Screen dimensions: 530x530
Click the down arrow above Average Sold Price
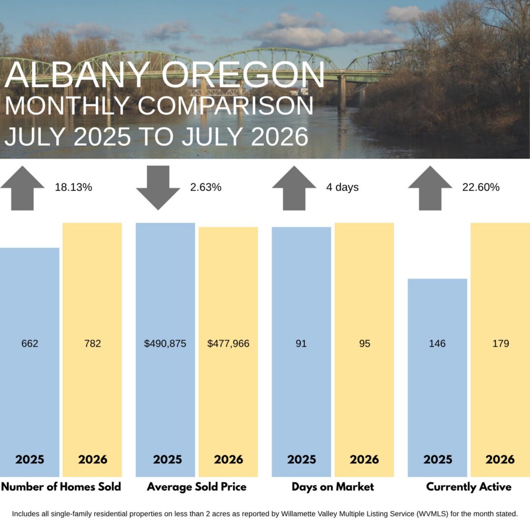158,187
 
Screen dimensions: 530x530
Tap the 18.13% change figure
73,187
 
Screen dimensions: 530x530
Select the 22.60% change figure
480,187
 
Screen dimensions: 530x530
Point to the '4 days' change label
342,187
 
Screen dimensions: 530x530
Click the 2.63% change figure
206,187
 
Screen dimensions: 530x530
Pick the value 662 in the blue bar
30,344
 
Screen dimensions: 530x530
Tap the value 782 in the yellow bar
93,344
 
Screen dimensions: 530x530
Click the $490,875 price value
165,344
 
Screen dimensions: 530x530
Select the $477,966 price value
228,344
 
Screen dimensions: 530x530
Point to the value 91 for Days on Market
301,344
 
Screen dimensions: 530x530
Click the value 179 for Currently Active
501,344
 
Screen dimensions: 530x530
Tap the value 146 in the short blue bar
437,344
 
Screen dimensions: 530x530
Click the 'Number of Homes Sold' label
61,487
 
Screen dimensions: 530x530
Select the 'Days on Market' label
333,487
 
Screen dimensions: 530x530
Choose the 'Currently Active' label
469,487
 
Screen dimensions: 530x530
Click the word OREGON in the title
243,75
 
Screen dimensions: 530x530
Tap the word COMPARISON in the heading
225,106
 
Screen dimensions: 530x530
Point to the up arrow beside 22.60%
430,188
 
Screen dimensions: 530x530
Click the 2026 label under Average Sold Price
229,459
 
